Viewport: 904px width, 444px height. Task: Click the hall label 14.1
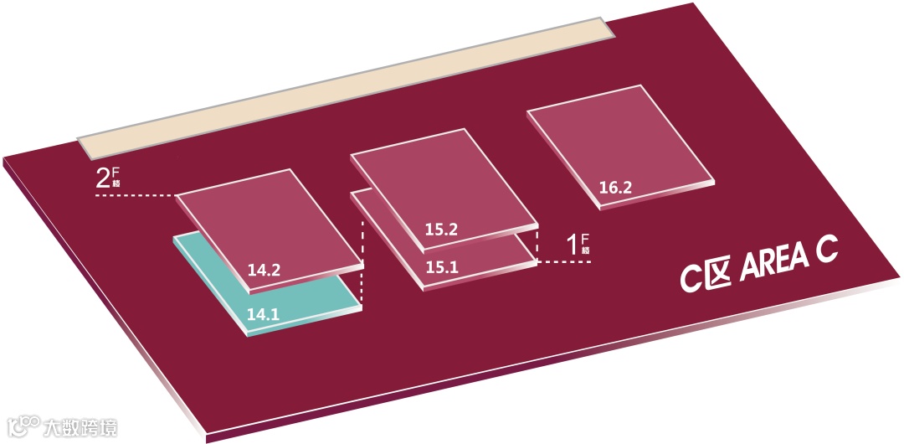click(263, 315)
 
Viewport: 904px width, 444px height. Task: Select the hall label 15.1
click(440, 268)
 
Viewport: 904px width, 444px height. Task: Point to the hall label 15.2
click(440, 227)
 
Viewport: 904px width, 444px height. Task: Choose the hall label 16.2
click(615, 188)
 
